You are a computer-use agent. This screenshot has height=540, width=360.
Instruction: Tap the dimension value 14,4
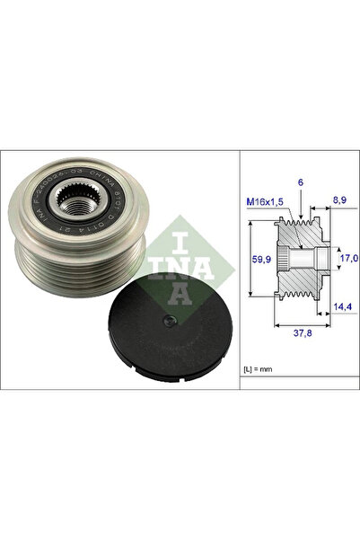click(341, 307)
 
